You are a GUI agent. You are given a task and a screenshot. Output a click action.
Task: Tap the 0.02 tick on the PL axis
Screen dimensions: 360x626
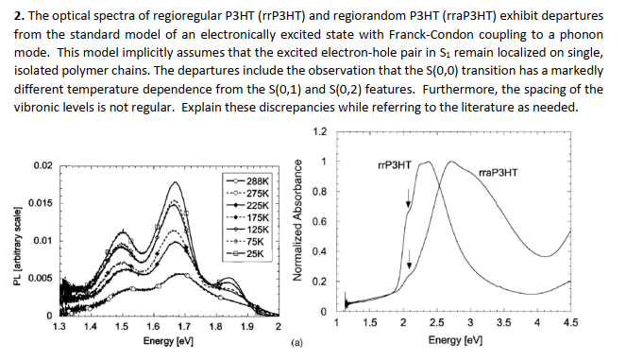42,165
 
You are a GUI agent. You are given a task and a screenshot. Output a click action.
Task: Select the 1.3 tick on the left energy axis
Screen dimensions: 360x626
59,326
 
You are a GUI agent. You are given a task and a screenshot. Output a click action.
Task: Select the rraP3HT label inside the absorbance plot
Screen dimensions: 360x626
501,174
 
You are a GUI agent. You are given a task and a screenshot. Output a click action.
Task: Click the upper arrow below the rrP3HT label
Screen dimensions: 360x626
408,197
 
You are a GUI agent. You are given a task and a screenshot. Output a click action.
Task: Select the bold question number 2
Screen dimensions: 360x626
9,16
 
